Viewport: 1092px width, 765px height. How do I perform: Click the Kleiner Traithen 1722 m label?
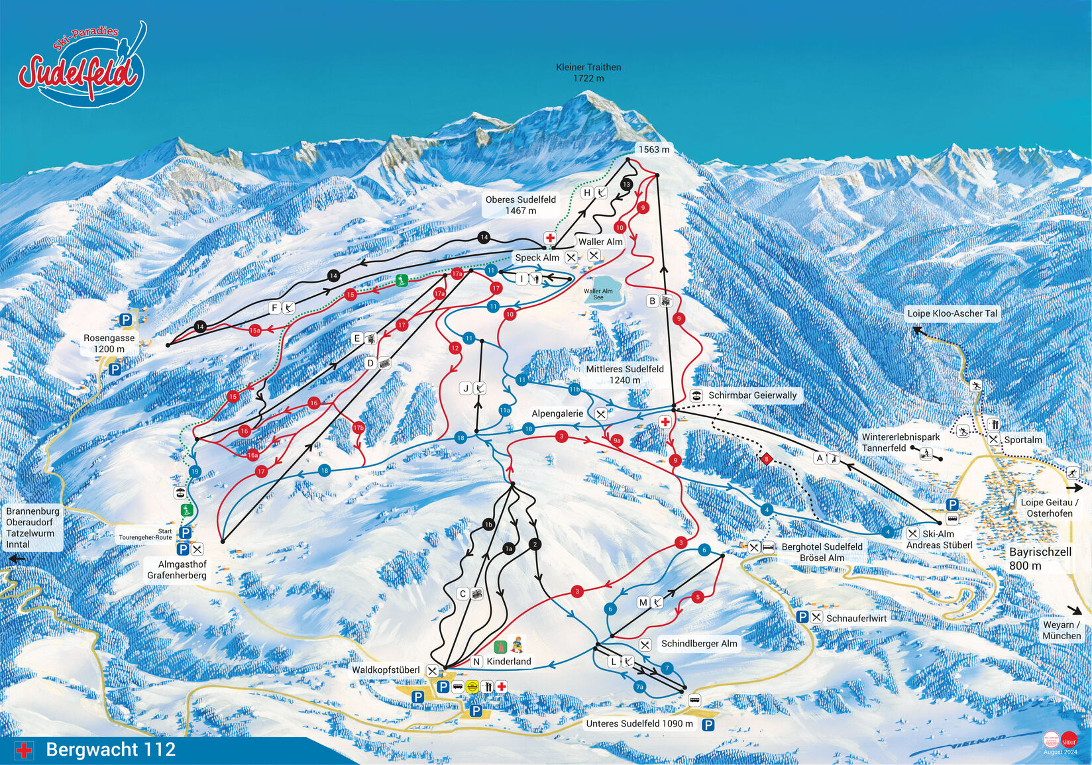coord(588,72)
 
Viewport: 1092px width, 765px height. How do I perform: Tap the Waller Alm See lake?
coord(598,294)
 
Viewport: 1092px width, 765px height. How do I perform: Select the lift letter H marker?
coord(586,193)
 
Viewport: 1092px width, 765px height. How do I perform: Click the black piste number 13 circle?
coord(626,185)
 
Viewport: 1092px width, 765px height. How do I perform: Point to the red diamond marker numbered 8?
coord(767,458)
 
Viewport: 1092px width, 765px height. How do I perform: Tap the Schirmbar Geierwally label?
coord(752,395)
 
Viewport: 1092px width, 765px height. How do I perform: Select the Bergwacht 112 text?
coord(111,750)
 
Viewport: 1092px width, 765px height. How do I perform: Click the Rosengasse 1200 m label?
coord(109,343)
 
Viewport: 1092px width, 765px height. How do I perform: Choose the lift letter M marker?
coord(643,602)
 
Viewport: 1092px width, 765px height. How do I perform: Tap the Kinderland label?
coord(508,661)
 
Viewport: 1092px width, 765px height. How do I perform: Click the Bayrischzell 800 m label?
coord(1040,558)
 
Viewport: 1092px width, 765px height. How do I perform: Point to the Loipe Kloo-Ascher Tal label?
coord(952,313)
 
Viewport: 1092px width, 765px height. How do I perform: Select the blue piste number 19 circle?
coord(194,472)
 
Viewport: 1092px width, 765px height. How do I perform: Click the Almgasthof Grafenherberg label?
coord(177,570)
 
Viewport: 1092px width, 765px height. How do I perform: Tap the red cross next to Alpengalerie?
coord(665,422)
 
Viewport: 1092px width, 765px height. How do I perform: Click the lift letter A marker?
coord(820,458)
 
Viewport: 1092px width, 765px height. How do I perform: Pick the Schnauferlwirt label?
coord(856,618)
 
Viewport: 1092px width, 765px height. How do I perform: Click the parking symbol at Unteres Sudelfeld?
coord(708,725)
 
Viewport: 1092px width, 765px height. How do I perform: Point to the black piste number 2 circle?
coord(535,544)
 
